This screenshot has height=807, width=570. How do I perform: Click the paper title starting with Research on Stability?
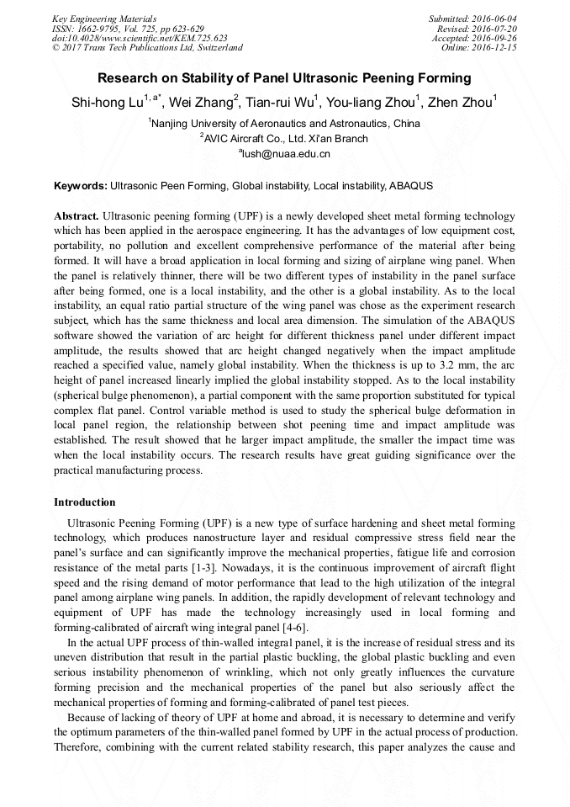click(284, 78)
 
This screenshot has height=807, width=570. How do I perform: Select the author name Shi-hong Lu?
click(107, 103)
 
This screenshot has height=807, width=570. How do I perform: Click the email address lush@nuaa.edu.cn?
click(286, 154)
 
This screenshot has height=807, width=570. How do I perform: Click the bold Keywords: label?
click(81, 184)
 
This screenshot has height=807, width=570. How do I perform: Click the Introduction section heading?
click(85, 502)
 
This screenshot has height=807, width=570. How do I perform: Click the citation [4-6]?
click(293, 628)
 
